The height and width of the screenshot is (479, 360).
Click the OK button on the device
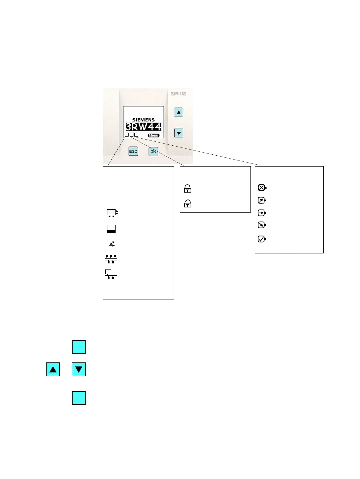153,151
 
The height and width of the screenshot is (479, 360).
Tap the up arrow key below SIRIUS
178,112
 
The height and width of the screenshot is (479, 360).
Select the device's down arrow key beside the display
178,133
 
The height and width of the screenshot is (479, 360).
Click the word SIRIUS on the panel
178,94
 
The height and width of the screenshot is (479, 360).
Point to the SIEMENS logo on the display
143,120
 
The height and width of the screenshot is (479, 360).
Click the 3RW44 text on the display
143,127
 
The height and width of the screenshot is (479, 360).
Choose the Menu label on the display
153,135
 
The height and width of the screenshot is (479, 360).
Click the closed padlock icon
188,189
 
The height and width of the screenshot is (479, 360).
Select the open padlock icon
188,203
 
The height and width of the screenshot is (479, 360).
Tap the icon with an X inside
262,188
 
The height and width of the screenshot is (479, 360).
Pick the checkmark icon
262,239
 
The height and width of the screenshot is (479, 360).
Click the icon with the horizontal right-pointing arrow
262,213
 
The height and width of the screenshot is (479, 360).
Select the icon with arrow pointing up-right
262,200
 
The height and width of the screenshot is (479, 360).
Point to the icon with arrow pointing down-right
262,225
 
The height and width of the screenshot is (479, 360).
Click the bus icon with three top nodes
111,259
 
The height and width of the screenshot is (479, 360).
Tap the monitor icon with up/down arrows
112,213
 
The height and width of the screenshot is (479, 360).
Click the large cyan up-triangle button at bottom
53,369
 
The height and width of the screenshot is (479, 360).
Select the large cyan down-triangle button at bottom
79,369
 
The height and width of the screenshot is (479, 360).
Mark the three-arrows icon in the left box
111,244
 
